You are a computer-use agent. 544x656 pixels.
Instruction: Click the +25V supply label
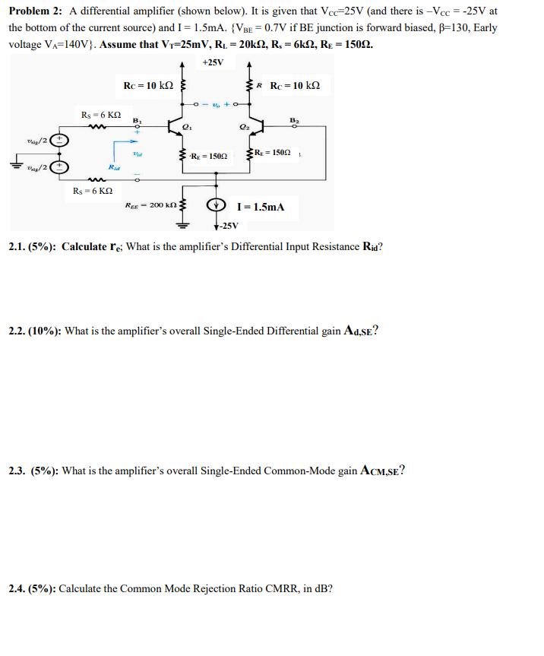215,62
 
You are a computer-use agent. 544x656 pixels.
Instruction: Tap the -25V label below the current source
229,226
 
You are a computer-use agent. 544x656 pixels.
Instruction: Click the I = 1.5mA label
261,207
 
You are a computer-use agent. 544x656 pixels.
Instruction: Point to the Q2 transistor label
243,126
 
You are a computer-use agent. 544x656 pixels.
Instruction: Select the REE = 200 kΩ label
151,205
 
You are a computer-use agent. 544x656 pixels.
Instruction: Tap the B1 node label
137,120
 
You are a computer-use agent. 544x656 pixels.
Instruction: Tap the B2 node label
294,120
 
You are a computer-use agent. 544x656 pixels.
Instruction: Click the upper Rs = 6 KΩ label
100,114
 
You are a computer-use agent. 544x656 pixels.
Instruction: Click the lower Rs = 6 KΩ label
92,190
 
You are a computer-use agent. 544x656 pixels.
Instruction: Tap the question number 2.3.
17,471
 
